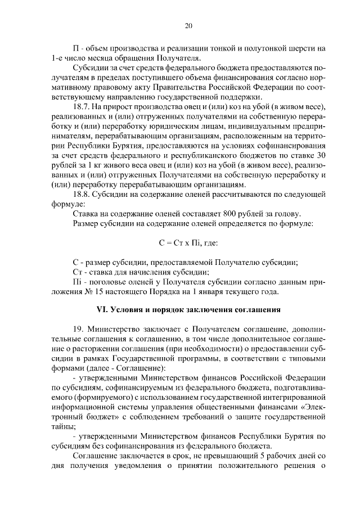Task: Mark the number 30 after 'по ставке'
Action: click(319, 155)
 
